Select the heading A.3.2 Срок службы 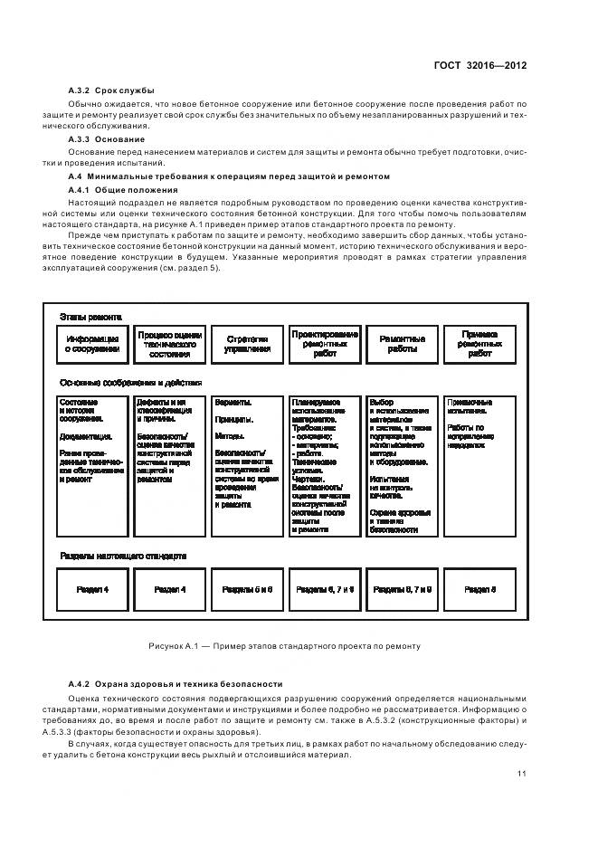click(x=111, y=90)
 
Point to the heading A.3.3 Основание click(x=107, y=139)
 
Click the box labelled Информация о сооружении click(x=92, y=344)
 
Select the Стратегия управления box click(x=247, y=344)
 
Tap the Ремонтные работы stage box click(x=402, y=344)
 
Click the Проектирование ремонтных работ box click(x=325, y=344)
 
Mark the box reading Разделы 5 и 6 click(x=247, y=588)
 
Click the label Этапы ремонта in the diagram click(x=90, y=317)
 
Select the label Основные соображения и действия click(x=130, y=383)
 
